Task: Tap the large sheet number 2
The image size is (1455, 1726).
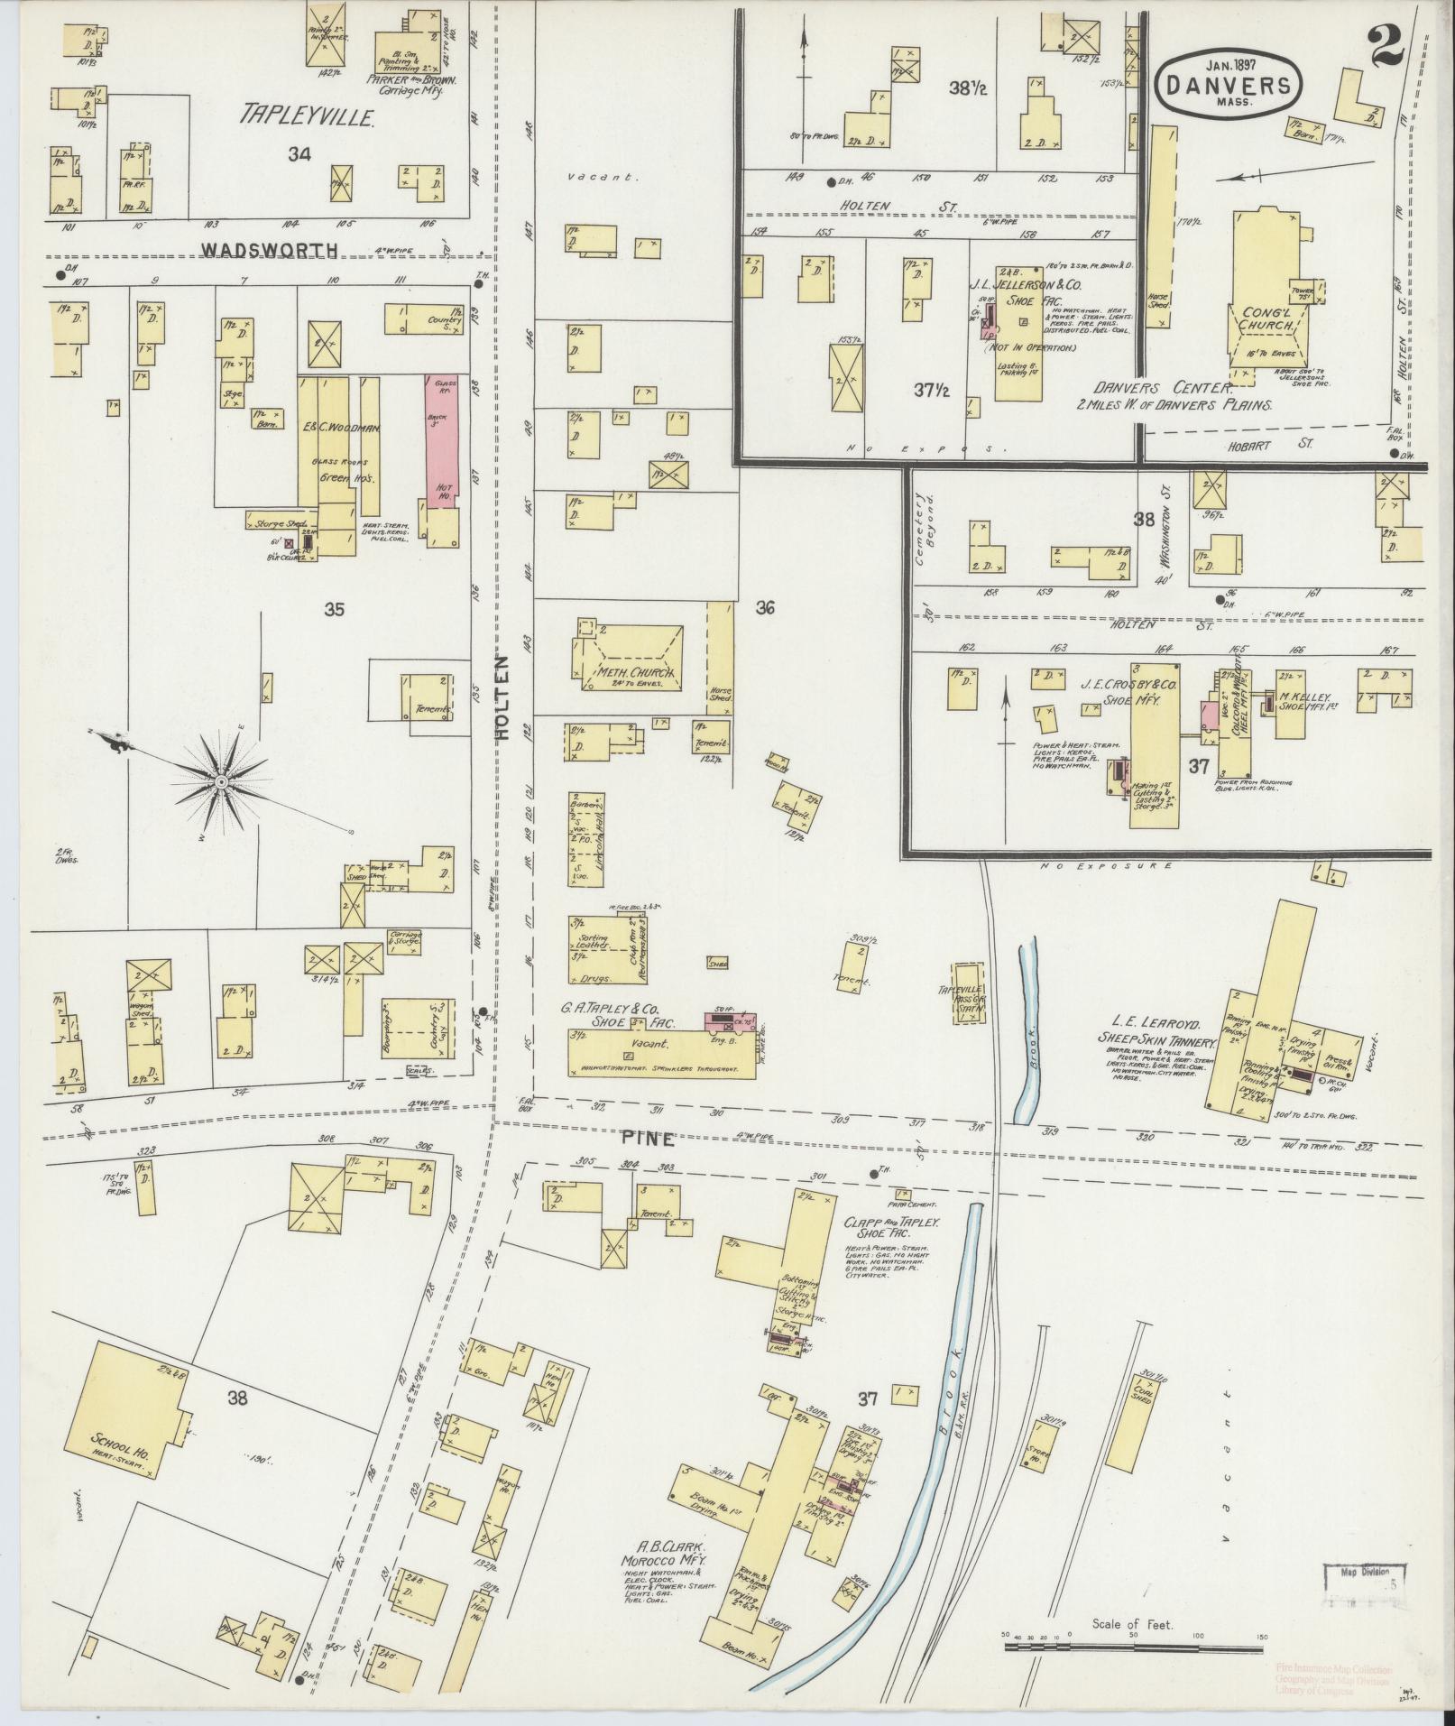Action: point(1385,47)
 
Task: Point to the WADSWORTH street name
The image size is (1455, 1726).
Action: point(269,250)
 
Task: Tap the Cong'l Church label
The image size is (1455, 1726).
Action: point(1267,318)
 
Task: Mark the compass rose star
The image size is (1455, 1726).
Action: point(221,780)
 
